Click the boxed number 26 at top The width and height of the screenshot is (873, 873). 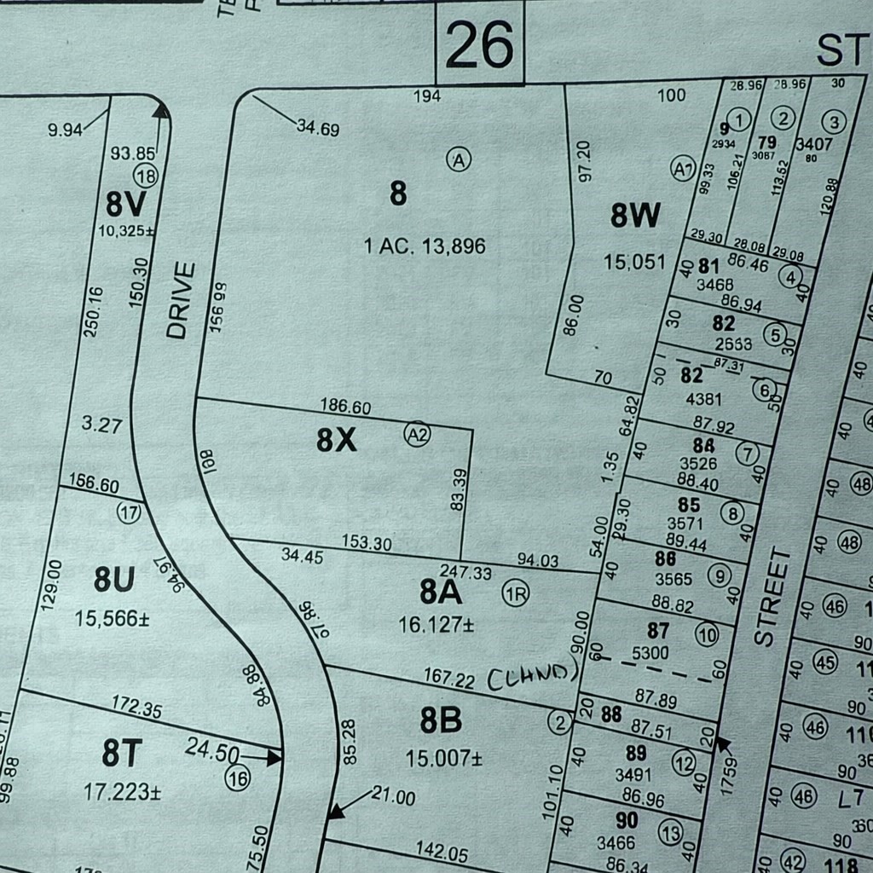tap(480, 43)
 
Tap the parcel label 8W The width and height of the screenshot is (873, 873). tap(635, 217)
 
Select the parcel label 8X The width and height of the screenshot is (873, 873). tap(336, 440)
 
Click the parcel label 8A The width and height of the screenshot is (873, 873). tap(441, 591)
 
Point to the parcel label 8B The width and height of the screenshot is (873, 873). tap(441, 720)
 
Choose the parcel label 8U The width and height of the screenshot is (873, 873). tap(114, 580)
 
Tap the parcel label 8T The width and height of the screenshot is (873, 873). tap(123, 754)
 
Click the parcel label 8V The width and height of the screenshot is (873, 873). tap(125, 205)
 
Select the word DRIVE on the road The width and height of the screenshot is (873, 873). tap(178, 301)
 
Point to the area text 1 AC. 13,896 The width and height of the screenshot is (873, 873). tap(425, 247)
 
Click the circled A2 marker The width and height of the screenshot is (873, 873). tap(418, 433)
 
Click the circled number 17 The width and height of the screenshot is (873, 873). tap(130, 513)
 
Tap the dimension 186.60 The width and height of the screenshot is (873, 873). tap(345, 407)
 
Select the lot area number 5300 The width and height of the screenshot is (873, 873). tap(657, 653)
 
